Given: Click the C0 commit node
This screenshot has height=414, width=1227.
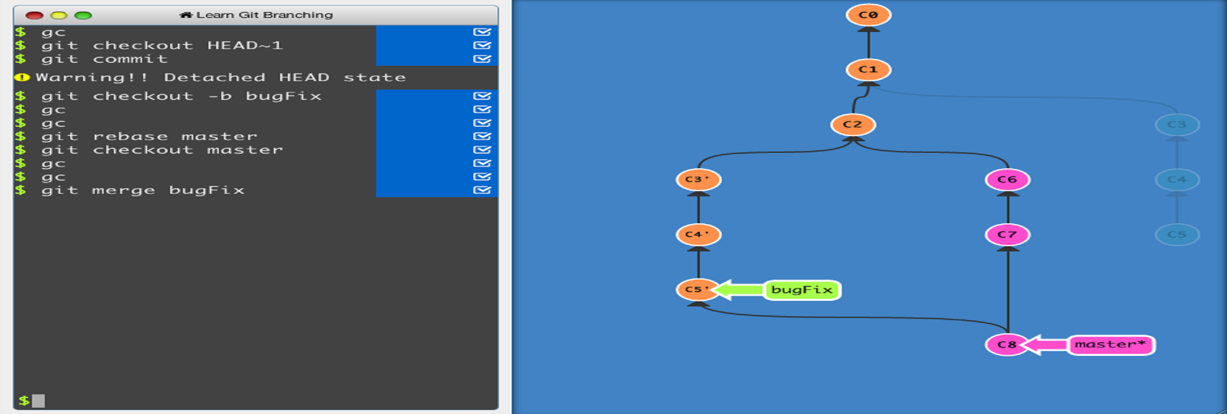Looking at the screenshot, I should click(x=868, y=15).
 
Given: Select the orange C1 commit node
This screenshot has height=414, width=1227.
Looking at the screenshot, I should click(x=868, y=70).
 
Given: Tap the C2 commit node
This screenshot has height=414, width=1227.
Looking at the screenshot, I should click(x=852, y=125).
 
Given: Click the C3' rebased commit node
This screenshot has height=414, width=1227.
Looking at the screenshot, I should click(x=698, y=180).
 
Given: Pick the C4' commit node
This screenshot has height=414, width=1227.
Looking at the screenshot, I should click(x=698, y=234).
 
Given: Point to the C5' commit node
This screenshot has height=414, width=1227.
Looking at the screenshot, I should click(x=696, y=289).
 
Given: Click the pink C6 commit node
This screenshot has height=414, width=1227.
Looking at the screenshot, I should click(x=1007, y=180).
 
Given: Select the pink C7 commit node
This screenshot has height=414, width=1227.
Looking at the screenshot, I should click(x=1007, y=234).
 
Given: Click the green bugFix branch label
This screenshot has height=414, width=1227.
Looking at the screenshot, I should click(x=802, y=290).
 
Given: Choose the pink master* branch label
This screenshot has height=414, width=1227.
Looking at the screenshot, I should click(x=1110, y=344).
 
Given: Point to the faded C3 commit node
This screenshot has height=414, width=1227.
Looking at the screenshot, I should click(x=1177, y=125).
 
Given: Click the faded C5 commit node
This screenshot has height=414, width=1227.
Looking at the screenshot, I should click(x=1177, y=234).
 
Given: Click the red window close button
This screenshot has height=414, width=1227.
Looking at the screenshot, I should click(x=34, y=15).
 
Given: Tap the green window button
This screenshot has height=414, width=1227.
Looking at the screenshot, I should click(x=83, y=15).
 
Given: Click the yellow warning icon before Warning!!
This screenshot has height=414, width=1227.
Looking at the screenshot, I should click(x=22, y=77).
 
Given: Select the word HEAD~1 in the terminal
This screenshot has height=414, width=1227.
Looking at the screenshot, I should click(x=245, y=45).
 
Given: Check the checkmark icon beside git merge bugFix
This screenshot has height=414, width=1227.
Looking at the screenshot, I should click(x=482, y=190).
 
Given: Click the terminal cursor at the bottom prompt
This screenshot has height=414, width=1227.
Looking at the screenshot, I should click(x=38, y=401).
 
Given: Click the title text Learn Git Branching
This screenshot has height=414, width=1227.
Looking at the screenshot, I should click(x=264, y=15).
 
